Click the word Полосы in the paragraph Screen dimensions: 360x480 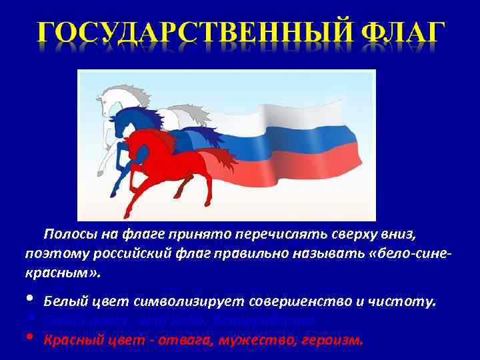67,235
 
